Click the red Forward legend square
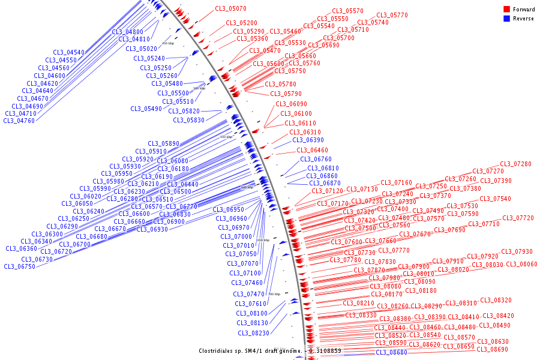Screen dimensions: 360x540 tap(506, 10)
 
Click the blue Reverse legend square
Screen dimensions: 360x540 tap(506, 19)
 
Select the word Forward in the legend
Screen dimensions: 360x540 tap(523, 10)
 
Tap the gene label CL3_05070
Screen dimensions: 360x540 tap(230, 9)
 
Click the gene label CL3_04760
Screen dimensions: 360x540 tap(19, 121)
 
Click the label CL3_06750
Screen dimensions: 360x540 tap(19, 266)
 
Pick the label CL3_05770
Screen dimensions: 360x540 tap(392, 16)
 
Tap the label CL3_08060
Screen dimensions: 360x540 tap(521, 264)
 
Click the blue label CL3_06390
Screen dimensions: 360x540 tap(308, 140)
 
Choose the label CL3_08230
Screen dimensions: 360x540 tap(253, 333)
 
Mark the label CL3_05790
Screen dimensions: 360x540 tap(286, 94)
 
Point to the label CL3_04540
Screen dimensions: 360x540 tap(69, 53)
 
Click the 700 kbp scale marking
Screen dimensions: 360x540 tap(274, 294)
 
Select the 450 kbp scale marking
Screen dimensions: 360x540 tap(168, 43)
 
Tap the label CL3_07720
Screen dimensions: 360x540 tap(518, 218)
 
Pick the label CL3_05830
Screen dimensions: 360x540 tap(189, 120)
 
